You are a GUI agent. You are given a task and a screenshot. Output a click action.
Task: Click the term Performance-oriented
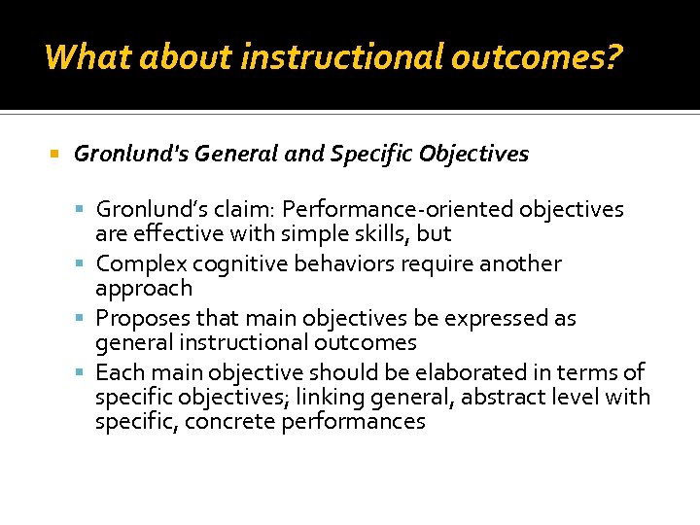[x=398, y=210]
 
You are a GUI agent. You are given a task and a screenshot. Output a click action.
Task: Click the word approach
[x=144, y=289]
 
